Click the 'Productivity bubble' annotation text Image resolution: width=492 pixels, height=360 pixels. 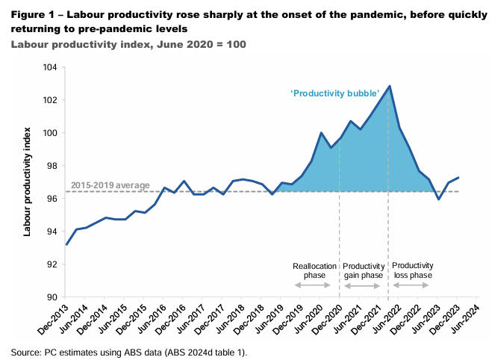pyautogui.click(x=335, y=93)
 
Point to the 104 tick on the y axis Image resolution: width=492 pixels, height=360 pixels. pyautogui.click(x=52, y=67)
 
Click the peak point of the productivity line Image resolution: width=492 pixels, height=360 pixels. pyautogui.click(x=390, y=87)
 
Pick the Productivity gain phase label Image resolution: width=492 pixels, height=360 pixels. pyautogui.click(x=364, y=270)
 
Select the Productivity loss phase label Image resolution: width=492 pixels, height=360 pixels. pyautogui.click(x=412, y=270)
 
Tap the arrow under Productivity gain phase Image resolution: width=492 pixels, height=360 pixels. pyautogui.click(x=364, y=285)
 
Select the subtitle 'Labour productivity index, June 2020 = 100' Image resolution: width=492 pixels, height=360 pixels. pyautogui.click(x=128, y=44)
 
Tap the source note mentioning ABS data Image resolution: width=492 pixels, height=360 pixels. pyautogui.click(x=128, y=351)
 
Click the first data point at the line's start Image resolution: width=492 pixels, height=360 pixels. pyautogui.click(x=67, y=244)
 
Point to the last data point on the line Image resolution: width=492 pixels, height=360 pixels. pyautogui.click(x=458, y=178)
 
